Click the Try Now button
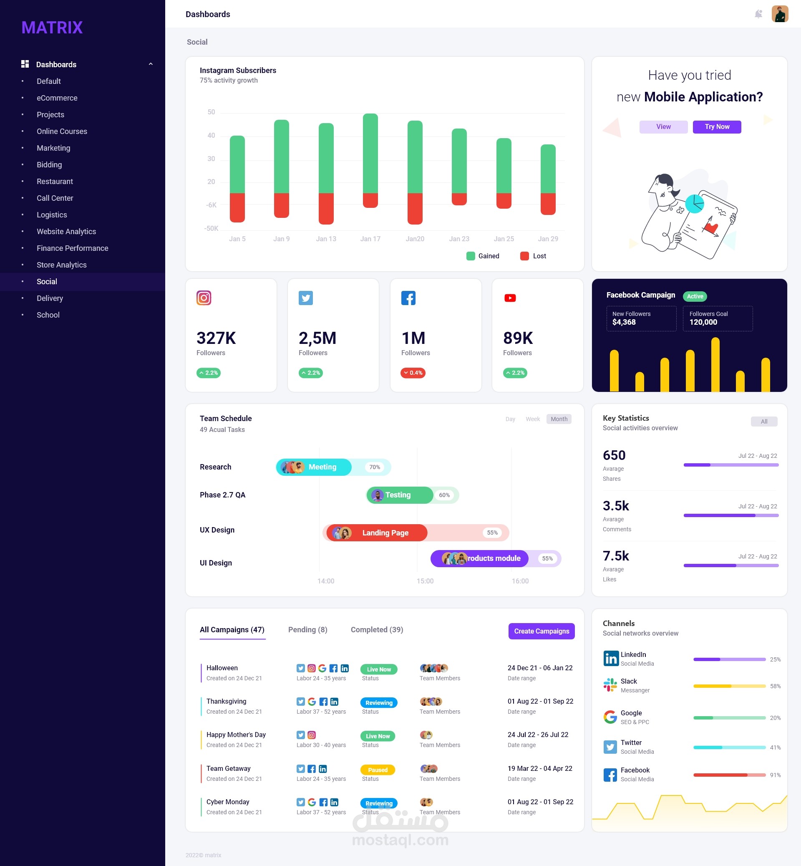(716, 126)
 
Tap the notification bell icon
(758, 14)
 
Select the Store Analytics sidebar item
(62, 265)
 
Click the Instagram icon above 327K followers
(204, 298)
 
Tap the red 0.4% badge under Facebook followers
(413, 373)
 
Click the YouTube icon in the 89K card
(510, 298)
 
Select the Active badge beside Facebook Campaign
(695, 296)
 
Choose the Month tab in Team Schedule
(559, 419)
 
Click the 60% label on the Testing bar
(444, 495)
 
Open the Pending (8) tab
(308, 630)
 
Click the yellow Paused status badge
(378, 770)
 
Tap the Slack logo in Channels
(610, 685)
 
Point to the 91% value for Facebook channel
(775, 775)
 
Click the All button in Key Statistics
(764, 422)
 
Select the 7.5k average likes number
(615, 556)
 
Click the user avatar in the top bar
(779, 14)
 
